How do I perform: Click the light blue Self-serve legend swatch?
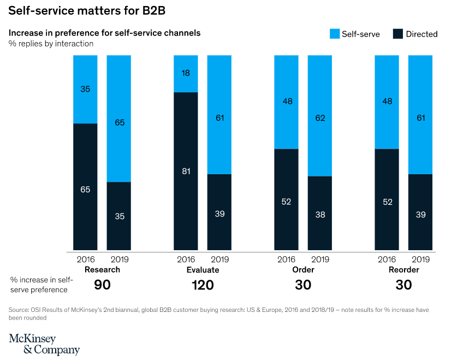(x=335, y=34)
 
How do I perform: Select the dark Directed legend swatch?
(x=399, y=34)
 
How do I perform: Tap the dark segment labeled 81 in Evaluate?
(x=186, y=171)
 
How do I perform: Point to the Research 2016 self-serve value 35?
(x=85, y=89)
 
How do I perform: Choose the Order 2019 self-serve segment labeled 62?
(x=320, y=116)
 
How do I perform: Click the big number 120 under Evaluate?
(x=203, y=285)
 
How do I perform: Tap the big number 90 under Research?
(x=102, y=285)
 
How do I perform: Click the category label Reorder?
(x=404, y=270)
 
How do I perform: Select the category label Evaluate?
(x=203, y=270)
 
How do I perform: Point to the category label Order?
(x=303, y=270)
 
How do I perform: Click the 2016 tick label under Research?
(x=85, y=259)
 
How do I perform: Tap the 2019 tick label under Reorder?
(x=420, y=259)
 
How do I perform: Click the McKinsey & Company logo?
(x=44, y=344)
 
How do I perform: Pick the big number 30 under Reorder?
(x=404, y=285)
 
